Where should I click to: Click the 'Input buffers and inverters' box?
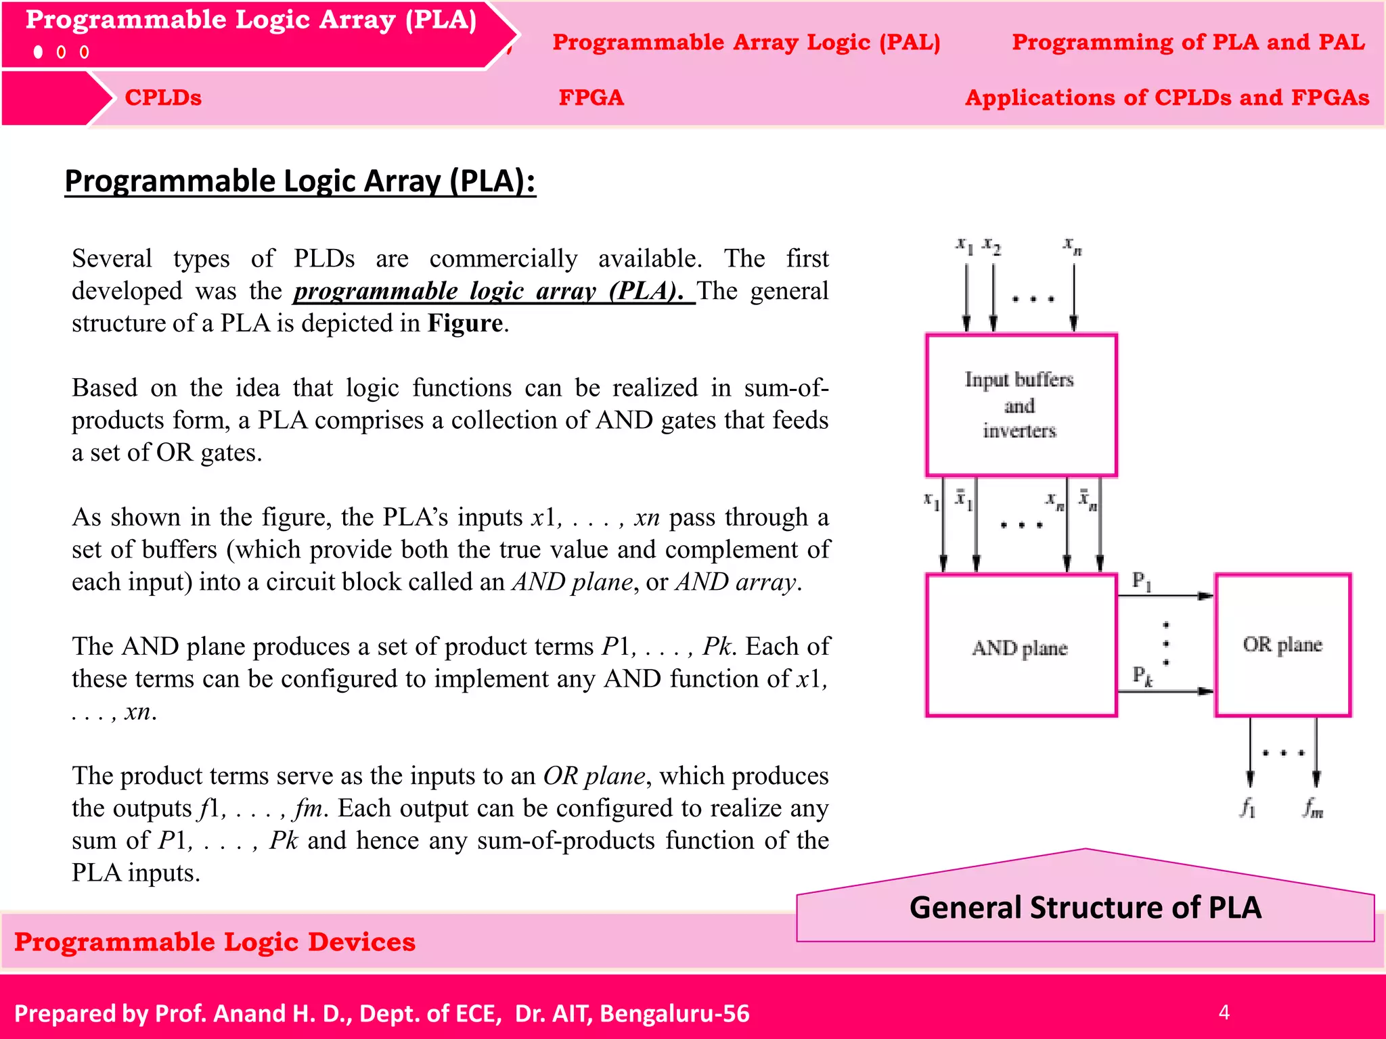pyautogui.click(x=1021, y=405)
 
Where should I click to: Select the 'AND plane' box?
pyautogui.click(x=1021, y=645)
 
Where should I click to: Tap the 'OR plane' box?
pyautogui.click(x=1282, y=644)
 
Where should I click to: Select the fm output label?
pyautogui.click(x=1313, y=807)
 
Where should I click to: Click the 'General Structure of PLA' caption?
pyautogui.click(x=1085, y=907)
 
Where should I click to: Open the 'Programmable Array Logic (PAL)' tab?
pyautogui.click(x=746, y=42)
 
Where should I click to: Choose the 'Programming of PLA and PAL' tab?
pyautogui.click(x=1188, y=42)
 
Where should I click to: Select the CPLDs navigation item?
pyautogui.click(x=163, y=97)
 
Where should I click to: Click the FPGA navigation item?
pyautogui.click(x=591, y=97)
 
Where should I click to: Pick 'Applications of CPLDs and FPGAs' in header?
pyautogui.click(x=1167, y=97)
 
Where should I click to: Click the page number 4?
pyautogui.click(x=1224, y=1012)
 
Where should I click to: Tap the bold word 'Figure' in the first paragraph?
pyautogui.click(x=465, y=323)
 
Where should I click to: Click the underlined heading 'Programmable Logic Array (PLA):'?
pyautogui.click(x=300, y=181)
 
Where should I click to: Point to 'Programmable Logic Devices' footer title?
pyautogui.click(x=215, y=942)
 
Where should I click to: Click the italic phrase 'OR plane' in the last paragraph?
pyautogui.click(x=594, y=776)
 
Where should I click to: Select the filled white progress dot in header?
pyautogui.click(x=39, y=52)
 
